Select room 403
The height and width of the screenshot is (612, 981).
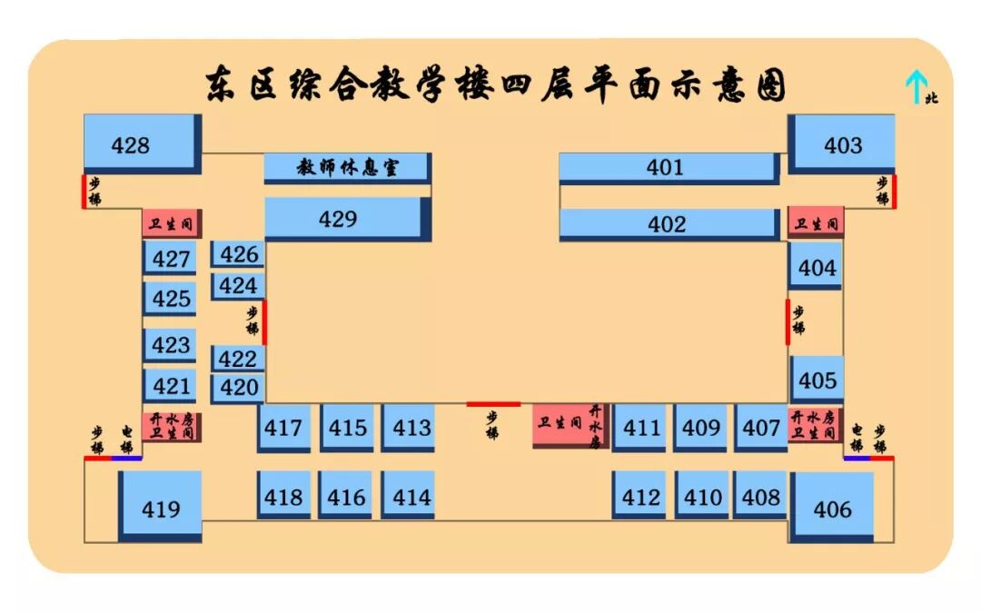coord(842,143)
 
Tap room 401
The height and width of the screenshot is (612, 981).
coord(667,167)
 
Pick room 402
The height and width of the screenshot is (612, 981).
coord(667,223)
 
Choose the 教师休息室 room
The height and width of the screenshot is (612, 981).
coord(346,167)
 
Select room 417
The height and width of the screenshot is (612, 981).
coord(283,427)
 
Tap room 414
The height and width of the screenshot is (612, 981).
coord(408,496)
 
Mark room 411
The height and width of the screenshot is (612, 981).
coord(639,427)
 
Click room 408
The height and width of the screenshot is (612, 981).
coord(759,496)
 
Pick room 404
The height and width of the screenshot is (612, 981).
coord(816,267)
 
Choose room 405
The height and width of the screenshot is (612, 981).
coord(817,379)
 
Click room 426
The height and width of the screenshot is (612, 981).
coord(238,254)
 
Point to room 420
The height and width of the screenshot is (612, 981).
coord(238,388)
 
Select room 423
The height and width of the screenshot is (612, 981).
coord(170,345)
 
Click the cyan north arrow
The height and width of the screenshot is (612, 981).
coord(915,86)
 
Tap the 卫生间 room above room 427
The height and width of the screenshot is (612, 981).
coord(169,222)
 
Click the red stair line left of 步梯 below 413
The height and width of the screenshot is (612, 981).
coord(493,404)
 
